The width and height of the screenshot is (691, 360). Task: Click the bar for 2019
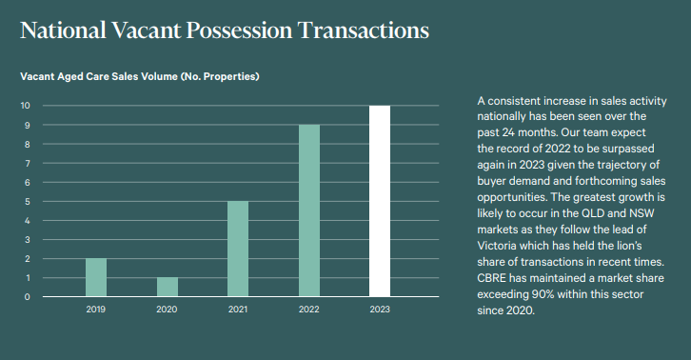pos(96,277)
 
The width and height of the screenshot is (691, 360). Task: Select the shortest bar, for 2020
pos(167,287)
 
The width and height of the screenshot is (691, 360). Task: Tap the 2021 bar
pos(238,249)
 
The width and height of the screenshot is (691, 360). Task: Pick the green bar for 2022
pos(308,210)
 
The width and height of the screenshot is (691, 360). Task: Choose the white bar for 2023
pos(380,201)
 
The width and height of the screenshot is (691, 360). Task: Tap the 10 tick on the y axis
pos(27,106)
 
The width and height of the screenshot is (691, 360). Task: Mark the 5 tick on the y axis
pos(29,201)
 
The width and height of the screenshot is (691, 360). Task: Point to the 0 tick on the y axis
pos(29,297)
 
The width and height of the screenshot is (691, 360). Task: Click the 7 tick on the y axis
pos(29,163)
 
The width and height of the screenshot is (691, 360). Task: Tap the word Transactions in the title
pos(363,30)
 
